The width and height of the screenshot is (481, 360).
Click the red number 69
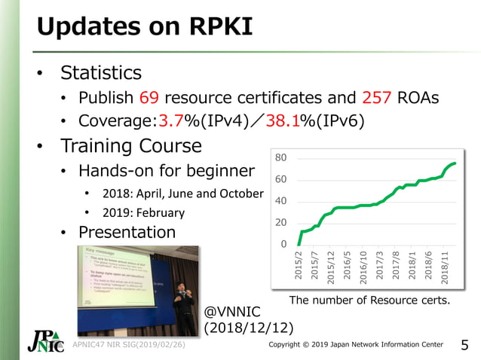point(149,98)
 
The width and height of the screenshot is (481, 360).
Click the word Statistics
point(101,73)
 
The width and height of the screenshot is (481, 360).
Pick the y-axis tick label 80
point(280,158)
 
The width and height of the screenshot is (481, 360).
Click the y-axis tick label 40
point(280,201)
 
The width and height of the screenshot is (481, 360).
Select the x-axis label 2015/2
point(299,267)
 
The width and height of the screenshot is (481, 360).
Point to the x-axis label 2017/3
point(380,267)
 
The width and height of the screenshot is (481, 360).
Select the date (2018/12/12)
point(249,328)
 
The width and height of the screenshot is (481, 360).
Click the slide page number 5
point(464,346)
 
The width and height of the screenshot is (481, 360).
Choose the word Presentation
point(127,232)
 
